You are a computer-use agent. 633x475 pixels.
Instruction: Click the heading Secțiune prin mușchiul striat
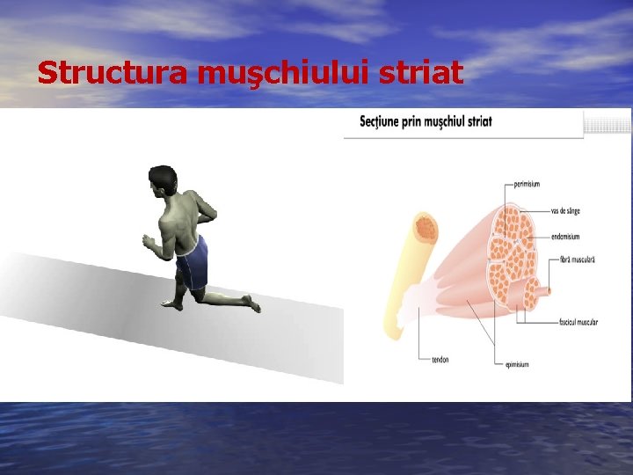tap(426, 121)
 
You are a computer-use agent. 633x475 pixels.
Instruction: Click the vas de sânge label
tap(564, 210)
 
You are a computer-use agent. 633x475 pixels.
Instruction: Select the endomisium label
tap(565, 236)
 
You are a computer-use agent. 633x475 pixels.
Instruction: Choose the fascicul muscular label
tap(578, 322)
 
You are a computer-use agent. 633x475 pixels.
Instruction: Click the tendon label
tap(440, 359)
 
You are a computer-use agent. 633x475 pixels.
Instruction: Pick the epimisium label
tap(517, 364)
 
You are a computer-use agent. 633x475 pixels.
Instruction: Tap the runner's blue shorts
tap(193, 262)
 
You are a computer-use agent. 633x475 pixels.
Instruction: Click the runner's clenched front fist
tap(148, 238)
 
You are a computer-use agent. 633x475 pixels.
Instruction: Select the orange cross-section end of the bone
tap(426, 230)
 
